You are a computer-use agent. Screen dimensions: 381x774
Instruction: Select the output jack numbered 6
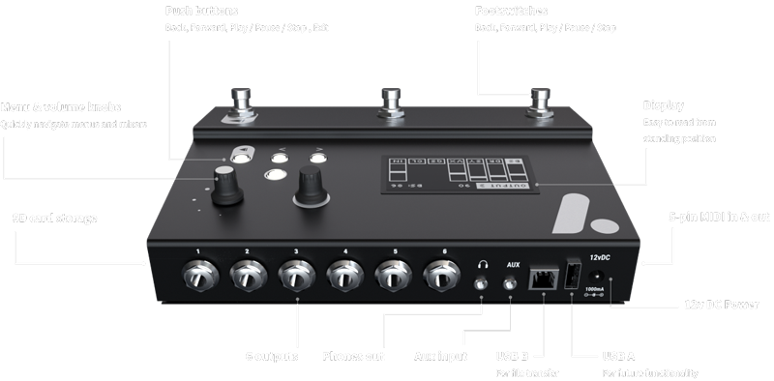[x=440, y=277]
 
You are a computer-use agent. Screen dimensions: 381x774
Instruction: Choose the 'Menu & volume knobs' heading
[x=60, y=106]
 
